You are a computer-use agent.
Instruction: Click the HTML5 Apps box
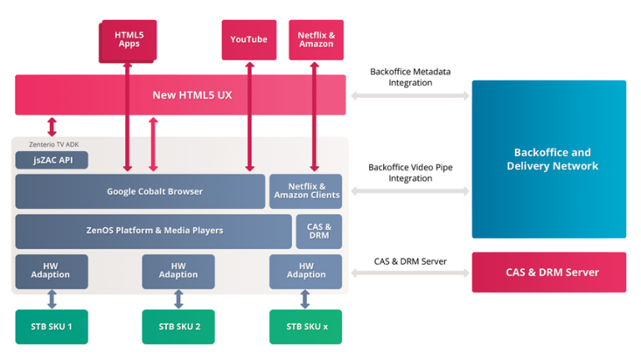(x=128, y=39)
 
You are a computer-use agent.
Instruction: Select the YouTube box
(x=249, y=39)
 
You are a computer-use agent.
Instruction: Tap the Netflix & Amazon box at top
(x=316, y=39)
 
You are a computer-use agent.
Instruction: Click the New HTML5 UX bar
(x=180, y=94)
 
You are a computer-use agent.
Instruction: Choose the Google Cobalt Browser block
(x=140, y=191)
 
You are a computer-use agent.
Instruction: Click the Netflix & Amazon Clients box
(x=306, y=191)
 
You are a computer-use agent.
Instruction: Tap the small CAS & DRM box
(x=318, y=231)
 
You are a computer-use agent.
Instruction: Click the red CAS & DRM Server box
(x=548, y=272)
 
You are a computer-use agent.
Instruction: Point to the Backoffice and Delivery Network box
(x=548, y=160)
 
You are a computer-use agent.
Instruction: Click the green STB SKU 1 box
(x=52, y=327)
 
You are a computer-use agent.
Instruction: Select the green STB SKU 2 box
(x=179, y=327)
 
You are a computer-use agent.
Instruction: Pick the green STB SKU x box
(x=305, y=327)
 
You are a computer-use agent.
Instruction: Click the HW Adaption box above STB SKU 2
(x=179, y=271)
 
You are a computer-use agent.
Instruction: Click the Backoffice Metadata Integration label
(x=411, y=78)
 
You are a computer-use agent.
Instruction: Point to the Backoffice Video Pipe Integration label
(x=411, y=173)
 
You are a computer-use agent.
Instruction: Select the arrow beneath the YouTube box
(x=249, y=117)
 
